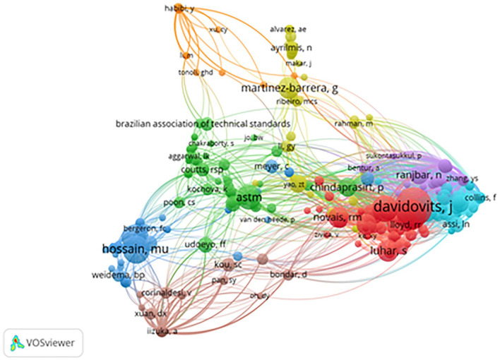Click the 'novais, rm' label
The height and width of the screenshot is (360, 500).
coord(332,218)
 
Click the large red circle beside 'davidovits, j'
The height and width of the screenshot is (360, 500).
coord(409,206)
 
